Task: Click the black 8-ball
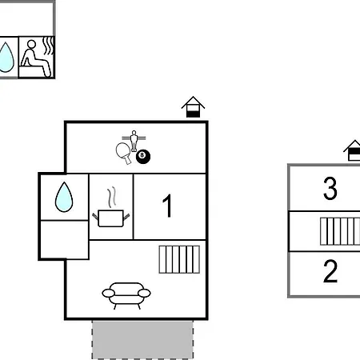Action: coord(143,157)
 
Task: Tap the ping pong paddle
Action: coord(124,153)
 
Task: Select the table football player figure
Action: coord(134,141)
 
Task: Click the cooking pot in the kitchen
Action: coord(110,218)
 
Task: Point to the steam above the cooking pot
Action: coord(112,197)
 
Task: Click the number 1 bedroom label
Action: coord(167,206)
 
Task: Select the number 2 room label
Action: coord(330,271)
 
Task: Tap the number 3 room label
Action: coord(330,189)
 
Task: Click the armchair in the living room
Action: coord(126,295)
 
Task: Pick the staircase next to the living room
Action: coord(179,259)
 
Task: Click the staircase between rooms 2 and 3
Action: coord(340,231)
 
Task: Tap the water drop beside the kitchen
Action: coord(64,197)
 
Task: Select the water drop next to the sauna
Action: coord(6,57)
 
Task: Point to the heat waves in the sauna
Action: coord(49,46)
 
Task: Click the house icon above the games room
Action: coord(193,106)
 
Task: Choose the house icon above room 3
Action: coord(352,150)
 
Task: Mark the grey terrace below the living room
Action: coord(142,340)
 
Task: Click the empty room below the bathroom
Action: coord(64,240)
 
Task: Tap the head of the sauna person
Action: coord(31,44)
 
